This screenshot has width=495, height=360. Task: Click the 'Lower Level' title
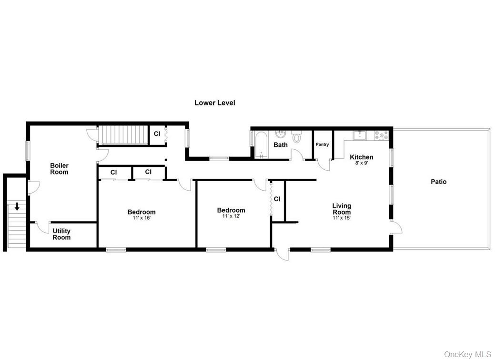pyautogui.click(x=214, y=103)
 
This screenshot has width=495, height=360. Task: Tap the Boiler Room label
pyautogui.click(x=59, y=169)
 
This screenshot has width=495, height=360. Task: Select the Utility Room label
pyautogui.click(x=61, y=234)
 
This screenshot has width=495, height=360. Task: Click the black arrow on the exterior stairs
pyautogui.click(x=17, y=207)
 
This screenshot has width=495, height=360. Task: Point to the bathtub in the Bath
pyautogui.click(x=261, y=144)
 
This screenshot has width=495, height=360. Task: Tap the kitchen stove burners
pyautogui.click(x=382, y=135)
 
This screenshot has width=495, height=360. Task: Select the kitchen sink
pyautogui.click(x=360, y=135)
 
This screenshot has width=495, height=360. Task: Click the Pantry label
pyautogui.click(x=322, y=144)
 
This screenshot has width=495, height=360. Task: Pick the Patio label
pyautogui.click(x=438, y=182)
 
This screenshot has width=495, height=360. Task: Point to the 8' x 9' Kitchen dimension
pyautogui.click(x=361, y=163)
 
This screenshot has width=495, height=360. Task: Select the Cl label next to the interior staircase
pyautogui.click(x=157, y=134)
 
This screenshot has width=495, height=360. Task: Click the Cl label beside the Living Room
pyautogui.click(x=277, y=199)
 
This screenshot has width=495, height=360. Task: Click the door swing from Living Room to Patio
pyautogui.click(x=396, y=227)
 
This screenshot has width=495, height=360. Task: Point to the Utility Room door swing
pyautogui.click(x=43, y=227)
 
